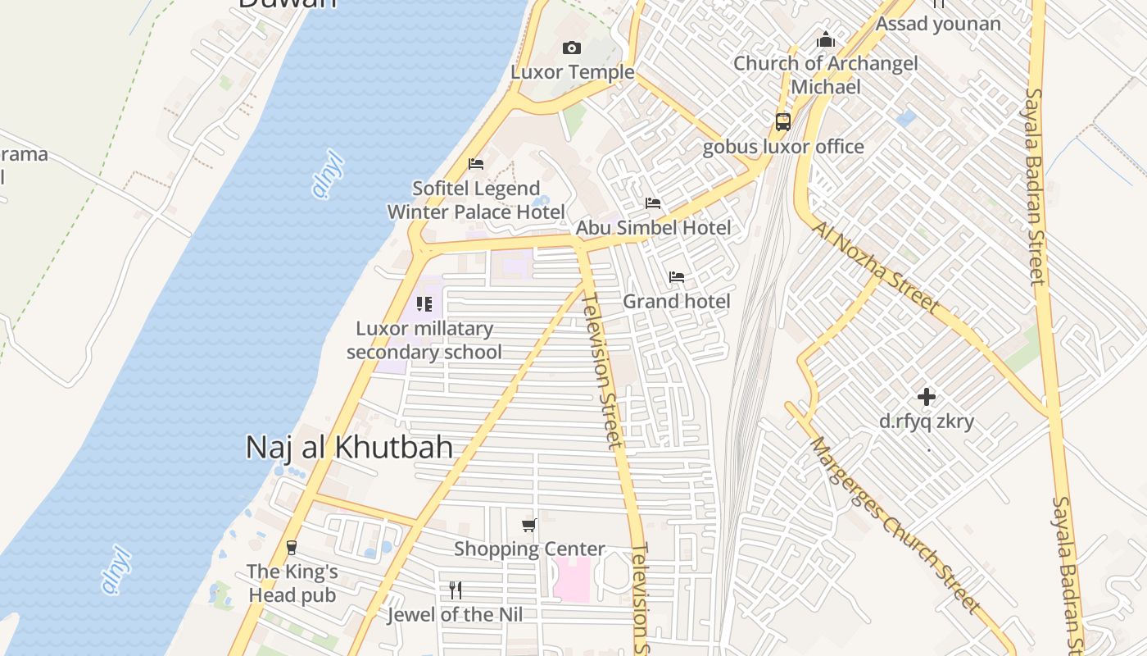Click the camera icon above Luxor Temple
(572, 48)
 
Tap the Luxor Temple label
(573, 72)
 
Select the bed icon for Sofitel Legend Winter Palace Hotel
(476, 164)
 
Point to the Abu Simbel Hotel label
(654, 227)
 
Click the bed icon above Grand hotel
(677, 277)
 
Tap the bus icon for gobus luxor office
(783, 122)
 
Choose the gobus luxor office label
(783, 147)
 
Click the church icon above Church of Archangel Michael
(826, 39)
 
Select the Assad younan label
(938, 24)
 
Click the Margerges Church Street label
(895, 525)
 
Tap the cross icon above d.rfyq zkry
(927, 398)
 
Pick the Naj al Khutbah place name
(349, 447)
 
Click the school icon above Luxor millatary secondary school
(424, 304)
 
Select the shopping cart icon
(529, 525)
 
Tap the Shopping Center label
(529, 549)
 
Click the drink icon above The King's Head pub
(292, 547)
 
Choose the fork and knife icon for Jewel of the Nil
(456, 590)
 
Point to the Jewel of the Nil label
(456, 614)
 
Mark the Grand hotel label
(677, 302)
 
